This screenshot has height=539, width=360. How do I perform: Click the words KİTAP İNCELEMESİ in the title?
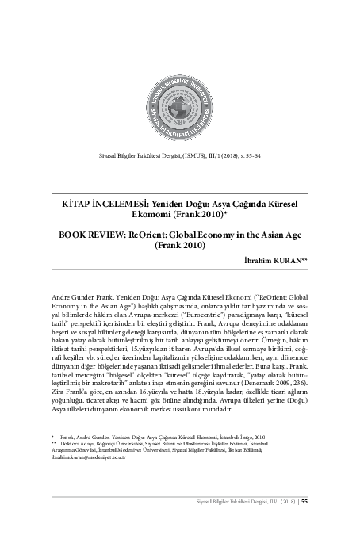point(106,203)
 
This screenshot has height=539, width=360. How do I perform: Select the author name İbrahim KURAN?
point(271,260)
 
